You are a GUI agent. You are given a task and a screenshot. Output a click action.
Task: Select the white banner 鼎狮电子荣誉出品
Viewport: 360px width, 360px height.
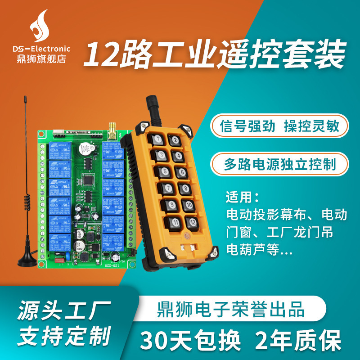tap(231, 310)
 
